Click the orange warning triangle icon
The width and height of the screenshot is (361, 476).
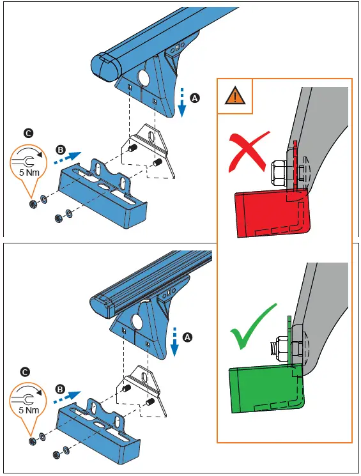coord(235,96)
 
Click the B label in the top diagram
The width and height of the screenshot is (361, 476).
coord(61,150)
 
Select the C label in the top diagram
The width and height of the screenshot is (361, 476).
coord(27,133)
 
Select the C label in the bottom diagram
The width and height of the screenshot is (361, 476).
coord(25,371)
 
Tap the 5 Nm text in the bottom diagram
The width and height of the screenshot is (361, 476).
coord(27,410)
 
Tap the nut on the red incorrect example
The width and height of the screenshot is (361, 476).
coord(282,171)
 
